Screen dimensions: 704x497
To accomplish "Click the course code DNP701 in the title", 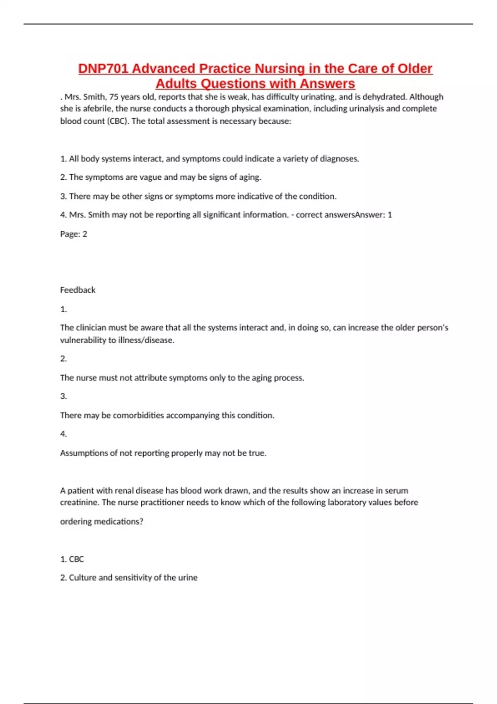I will pos(103,68).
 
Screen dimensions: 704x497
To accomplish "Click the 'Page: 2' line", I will pos(74,234).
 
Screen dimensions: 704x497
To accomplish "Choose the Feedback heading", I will pos(78,290).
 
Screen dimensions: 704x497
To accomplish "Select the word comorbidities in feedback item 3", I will pos(138,415).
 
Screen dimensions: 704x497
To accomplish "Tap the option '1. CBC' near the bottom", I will pos(72,559).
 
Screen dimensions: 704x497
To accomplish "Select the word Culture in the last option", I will pos(82,578).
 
